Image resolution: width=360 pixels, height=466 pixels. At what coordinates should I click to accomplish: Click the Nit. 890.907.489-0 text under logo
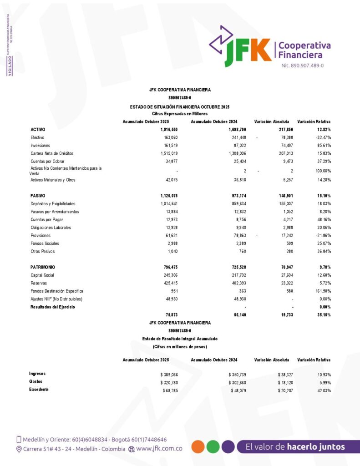coord(302,66)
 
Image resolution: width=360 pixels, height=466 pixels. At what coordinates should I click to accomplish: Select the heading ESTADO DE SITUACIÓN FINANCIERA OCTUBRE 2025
coord(180,106)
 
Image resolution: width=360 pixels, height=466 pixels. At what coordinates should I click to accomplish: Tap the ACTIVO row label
coord(37,130)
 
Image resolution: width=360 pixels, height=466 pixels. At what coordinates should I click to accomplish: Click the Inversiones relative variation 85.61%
coord(321,145)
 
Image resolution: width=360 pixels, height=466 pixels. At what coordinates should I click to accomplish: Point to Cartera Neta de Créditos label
coord(52,153)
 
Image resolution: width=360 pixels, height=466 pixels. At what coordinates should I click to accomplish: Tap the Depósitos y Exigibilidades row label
coord(53,203)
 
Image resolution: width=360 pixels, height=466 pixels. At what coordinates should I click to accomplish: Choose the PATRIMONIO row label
coord(43,267)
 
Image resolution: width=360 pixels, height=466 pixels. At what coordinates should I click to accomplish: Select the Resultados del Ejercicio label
coord(53,307)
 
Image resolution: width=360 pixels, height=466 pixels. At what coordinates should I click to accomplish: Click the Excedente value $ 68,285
coord(159,390)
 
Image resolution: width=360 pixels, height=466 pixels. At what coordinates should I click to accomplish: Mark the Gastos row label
coord(36,382)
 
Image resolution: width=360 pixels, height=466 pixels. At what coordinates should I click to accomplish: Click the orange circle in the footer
coord(198,446)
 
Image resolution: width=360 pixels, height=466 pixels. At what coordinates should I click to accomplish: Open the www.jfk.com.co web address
coord(159,449)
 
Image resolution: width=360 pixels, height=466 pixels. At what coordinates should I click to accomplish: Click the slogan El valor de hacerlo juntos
coord(295,446)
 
